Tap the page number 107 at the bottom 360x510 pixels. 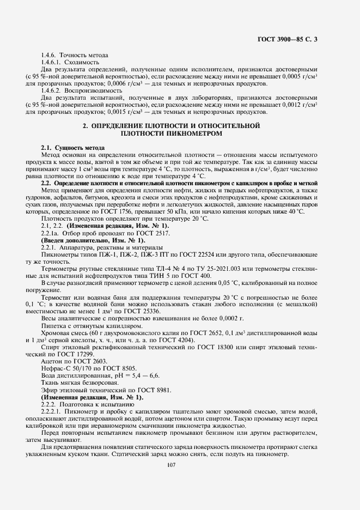[173, 464]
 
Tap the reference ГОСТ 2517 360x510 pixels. [155, 233]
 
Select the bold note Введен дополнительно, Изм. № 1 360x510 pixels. [93, 240]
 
